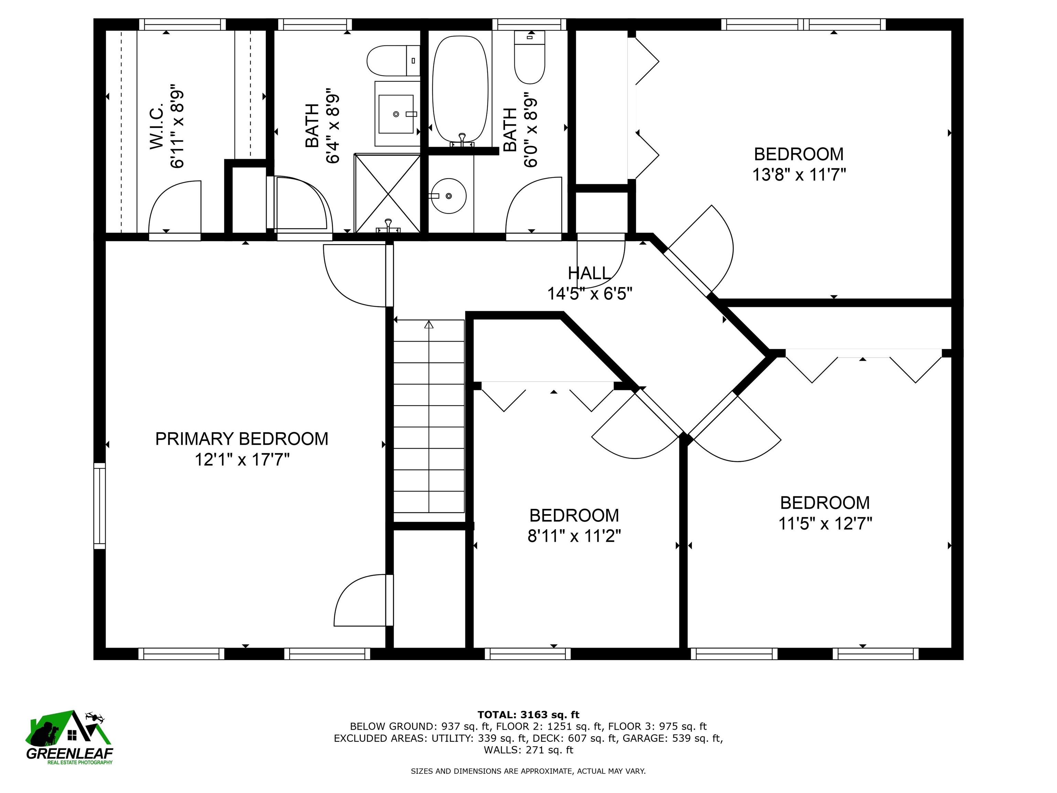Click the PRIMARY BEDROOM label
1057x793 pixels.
click(x=242, y=439)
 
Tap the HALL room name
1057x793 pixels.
click(x=589, y=273)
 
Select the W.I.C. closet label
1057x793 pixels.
click(x=157, y=125)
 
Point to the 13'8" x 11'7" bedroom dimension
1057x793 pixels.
click(x=799, y=175)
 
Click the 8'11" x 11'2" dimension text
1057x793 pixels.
click(x=574, y=536)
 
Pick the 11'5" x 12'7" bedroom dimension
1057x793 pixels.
click(x=825, y=524)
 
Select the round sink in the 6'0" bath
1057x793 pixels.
click(x=449, y=196)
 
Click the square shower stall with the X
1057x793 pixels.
click(x=387, y=193)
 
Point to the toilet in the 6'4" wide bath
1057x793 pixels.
click(x=393, y=61)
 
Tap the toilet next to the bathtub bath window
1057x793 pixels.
click(x=530, y=57)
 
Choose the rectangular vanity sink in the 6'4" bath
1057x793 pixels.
click(x=396, y=114)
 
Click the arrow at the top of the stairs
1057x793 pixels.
click(x=429, y=325)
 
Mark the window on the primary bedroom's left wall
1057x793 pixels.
click(x=99, y=506)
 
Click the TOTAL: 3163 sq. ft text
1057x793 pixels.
click(x=528, y=715)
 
